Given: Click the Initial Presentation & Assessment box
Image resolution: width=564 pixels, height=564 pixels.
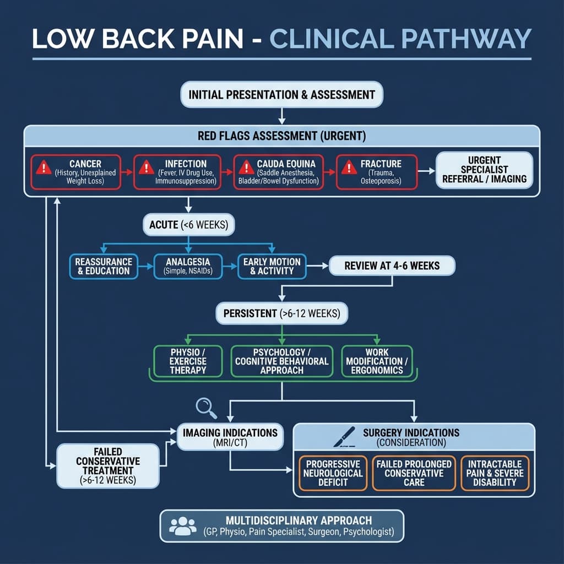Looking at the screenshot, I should point(281,95).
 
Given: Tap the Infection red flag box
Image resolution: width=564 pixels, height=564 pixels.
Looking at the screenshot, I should point(177,172).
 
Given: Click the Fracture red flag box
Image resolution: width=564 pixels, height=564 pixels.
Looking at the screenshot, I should point(376,172).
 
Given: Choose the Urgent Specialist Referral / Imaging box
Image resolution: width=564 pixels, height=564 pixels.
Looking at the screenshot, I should point(485,171).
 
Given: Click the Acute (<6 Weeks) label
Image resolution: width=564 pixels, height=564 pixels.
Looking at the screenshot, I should point(188,225).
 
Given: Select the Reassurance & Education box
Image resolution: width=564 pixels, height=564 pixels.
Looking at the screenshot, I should point(104,265).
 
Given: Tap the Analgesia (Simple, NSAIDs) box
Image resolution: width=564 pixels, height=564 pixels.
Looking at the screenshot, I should point(188,265).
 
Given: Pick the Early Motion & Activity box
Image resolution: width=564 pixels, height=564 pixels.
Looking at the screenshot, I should point(272,265).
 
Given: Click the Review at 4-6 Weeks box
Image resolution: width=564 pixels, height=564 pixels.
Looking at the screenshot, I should point(392,265).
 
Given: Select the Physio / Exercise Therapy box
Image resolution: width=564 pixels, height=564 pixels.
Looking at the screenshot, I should point(188,361).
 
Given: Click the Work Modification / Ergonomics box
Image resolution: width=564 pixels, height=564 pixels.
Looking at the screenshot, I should point(376,361).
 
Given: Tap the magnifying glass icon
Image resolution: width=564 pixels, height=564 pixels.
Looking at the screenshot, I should point(205,408).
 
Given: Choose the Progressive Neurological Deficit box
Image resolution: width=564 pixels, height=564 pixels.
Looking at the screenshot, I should point(333,473).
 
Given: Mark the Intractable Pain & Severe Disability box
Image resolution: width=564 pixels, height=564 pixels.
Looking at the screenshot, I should point(495,473).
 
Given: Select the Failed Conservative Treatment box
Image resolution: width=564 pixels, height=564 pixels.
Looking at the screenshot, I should point(108,465).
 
